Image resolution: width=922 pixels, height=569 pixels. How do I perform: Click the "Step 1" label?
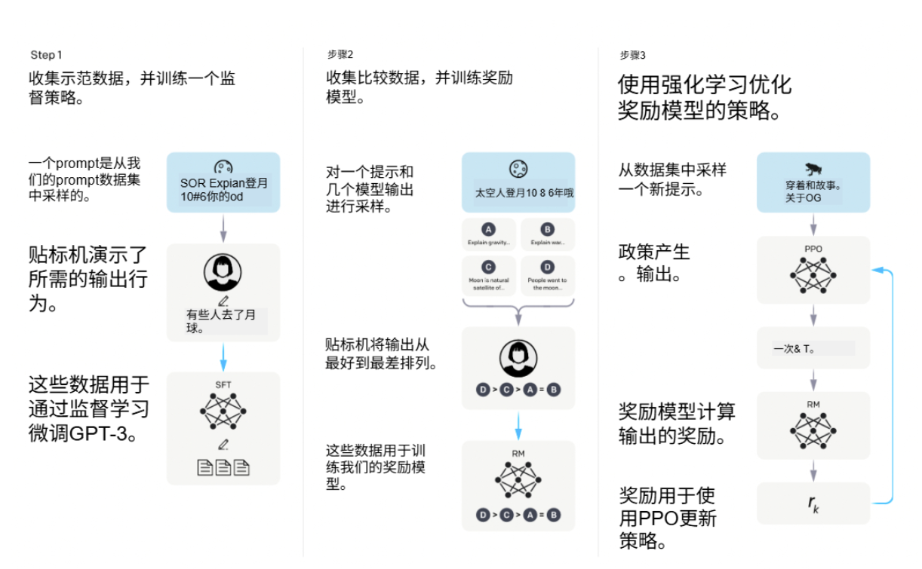tap(46, 55)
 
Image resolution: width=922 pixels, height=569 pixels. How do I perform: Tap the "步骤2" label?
tap(340, 55)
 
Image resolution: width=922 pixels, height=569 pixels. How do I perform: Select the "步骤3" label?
tap(632, 55)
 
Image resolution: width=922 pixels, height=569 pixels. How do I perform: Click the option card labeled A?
tap(489, 234)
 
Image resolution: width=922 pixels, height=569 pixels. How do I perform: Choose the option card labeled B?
tap(547, 234)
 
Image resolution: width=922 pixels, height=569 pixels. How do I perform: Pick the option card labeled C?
tap(489, 276)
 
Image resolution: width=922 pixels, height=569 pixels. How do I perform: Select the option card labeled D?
tap(547, 276)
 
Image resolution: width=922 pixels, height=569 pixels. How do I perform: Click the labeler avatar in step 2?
tap(518, 359)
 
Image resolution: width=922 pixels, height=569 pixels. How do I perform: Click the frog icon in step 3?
tap(813, 169)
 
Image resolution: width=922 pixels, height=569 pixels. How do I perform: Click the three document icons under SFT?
tap(223, 468)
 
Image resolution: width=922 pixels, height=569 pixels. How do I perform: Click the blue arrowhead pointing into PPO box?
tap(876, 270)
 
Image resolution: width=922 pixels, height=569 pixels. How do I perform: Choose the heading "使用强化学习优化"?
tap(705, 84)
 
